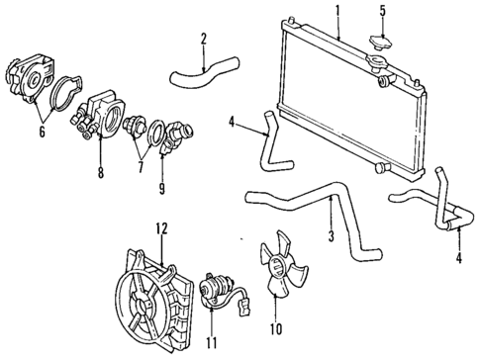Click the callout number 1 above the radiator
tap(337, 11)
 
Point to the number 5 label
tap(382, 12)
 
